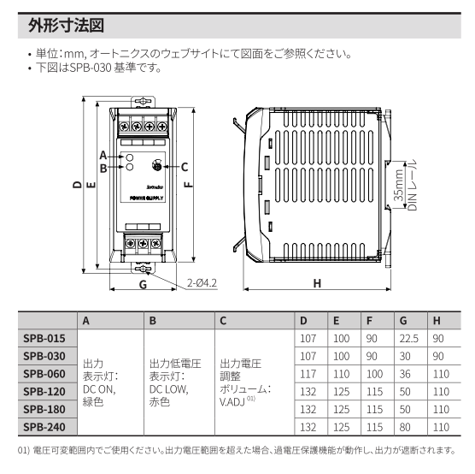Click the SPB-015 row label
pyautogui.click(x=44, y=339)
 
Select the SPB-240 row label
pyautogui.click(x=44, y=425)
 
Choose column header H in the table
pyautogui.click(x=437, y=321)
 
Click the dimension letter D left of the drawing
pyautogui.click(x=76, y=184)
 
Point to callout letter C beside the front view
pyautogui.click(x=184, y=166)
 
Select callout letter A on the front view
pyautogui.click(x=103, y=156)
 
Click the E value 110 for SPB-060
pyautogui.click(x=340, y=373)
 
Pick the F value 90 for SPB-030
pyautogui.click(x=371, y=356)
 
